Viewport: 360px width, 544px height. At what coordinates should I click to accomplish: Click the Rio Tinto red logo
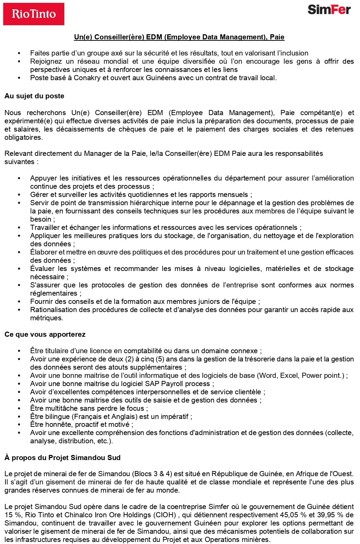point(34,14)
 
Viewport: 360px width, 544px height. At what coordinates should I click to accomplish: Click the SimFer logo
point(329,10)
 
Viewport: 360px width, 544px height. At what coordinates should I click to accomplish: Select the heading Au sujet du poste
point(34,96)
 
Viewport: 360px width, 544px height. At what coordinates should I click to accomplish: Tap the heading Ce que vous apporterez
point(45,334)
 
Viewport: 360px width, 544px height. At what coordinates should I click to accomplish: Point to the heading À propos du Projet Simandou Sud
point(62,458)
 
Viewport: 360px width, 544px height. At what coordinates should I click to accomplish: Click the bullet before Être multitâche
point(19,408)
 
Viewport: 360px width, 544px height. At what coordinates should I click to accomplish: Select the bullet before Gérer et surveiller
point(19,195)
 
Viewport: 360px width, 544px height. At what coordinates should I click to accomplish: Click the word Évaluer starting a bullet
point(43,269)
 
